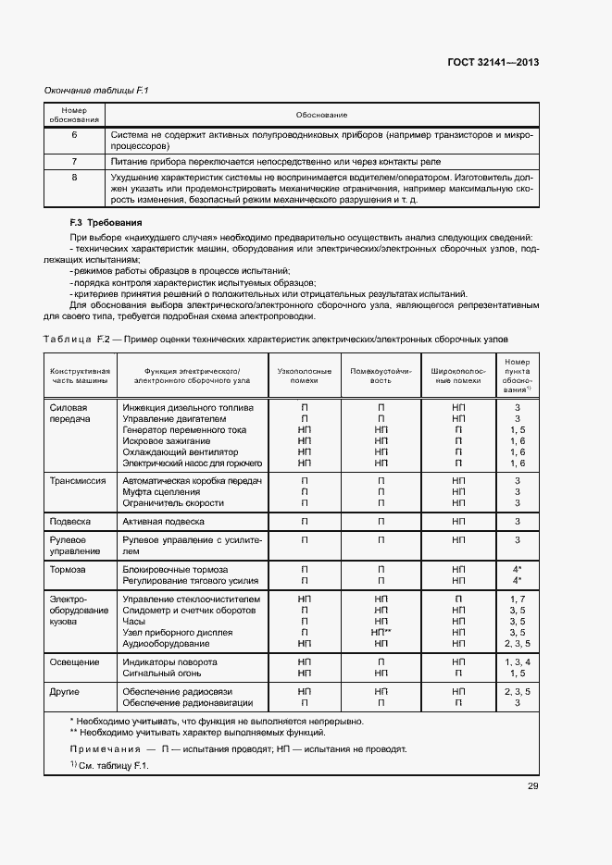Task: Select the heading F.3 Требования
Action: click(x=106, y=223)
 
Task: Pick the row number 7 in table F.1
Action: click(x=74, y=161)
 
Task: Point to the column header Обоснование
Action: click(x=321, y=115)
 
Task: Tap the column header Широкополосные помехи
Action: click(x=458, y=375)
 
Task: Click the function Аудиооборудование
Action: click(x=166, y=643)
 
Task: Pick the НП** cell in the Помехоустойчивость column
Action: click(x=381, y=632)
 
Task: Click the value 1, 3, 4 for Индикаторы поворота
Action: click(x=518, y=662)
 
